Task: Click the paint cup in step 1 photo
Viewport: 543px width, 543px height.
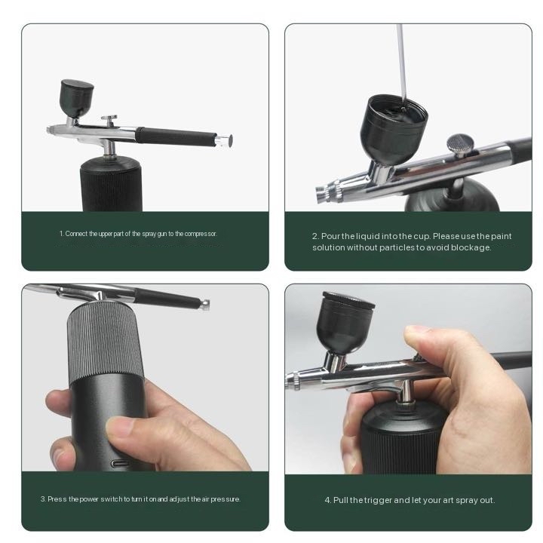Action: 76,98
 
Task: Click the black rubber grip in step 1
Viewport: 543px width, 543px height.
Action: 176,136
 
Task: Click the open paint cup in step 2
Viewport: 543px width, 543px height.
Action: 394,128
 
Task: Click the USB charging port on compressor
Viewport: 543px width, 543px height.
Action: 120,464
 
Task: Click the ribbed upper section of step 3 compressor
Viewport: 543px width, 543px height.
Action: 106,343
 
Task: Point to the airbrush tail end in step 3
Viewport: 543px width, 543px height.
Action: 205,304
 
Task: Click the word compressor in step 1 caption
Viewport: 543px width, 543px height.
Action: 201,234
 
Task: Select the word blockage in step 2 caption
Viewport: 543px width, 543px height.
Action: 471,247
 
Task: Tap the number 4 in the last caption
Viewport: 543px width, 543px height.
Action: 327,501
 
